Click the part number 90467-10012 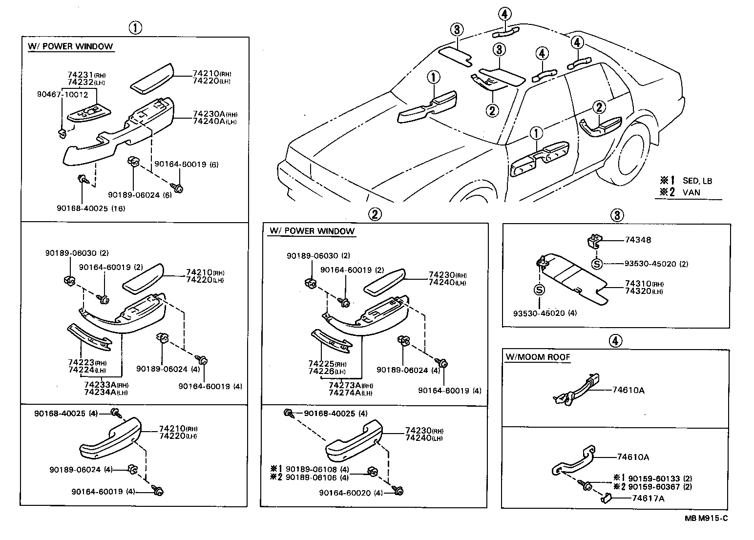click(63, 94)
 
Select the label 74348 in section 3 click(638, 240)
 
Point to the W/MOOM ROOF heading click(538, 357)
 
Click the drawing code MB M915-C click(706, 519)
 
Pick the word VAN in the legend click(691, 192)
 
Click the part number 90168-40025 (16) click(91, 208)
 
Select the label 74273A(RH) click(350, 385)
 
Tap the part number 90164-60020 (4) click(351, 493)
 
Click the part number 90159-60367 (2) click(660, 487)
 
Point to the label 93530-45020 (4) click(545, 313)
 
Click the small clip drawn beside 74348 click(592, 239)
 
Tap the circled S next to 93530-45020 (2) click(596, 264)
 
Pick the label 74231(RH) click(86, 75)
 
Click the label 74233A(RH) click(105, 385)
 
